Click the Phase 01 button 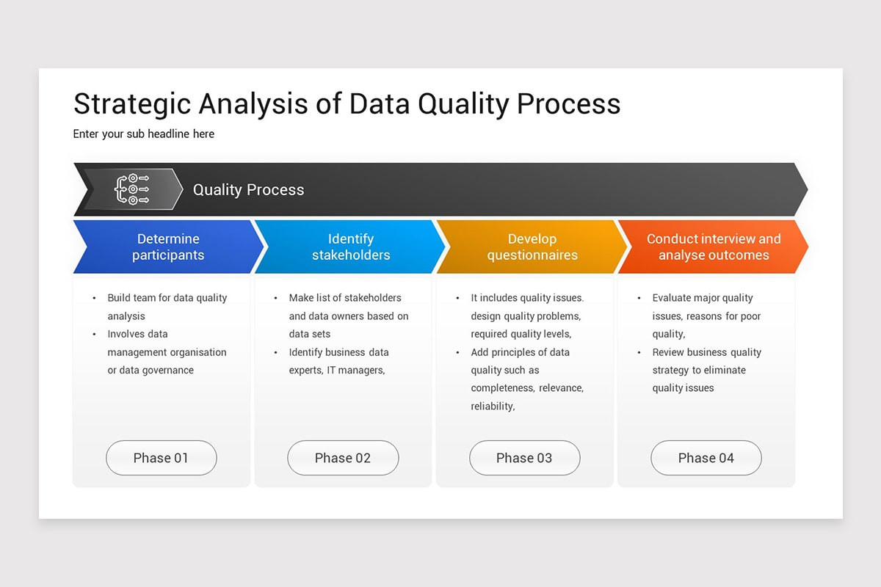[161, 458]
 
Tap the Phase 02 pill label [343, 458]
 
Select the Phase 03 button [524, 458]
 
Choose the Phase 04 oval [706, 458]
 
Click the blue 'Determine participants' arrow [168, 247]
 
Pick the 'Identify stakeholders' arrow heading [351, 247]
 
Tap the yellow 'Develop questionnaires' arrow [532, 247]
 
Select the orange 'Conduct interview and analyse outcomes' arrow [714, 247]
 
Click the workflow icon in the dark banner [132, 189]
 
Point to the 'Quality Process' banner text [248, 190]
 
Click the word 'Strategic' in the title [131, 104]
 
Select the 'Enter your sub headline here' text [144, 134]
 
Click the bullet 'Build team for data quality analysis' [167, 307]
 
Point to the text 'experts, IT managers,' [336, 371]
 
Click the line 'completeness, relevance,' [526, 388]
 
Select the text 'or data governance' [151, 371]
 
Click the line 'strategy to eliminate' [698, 371]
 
